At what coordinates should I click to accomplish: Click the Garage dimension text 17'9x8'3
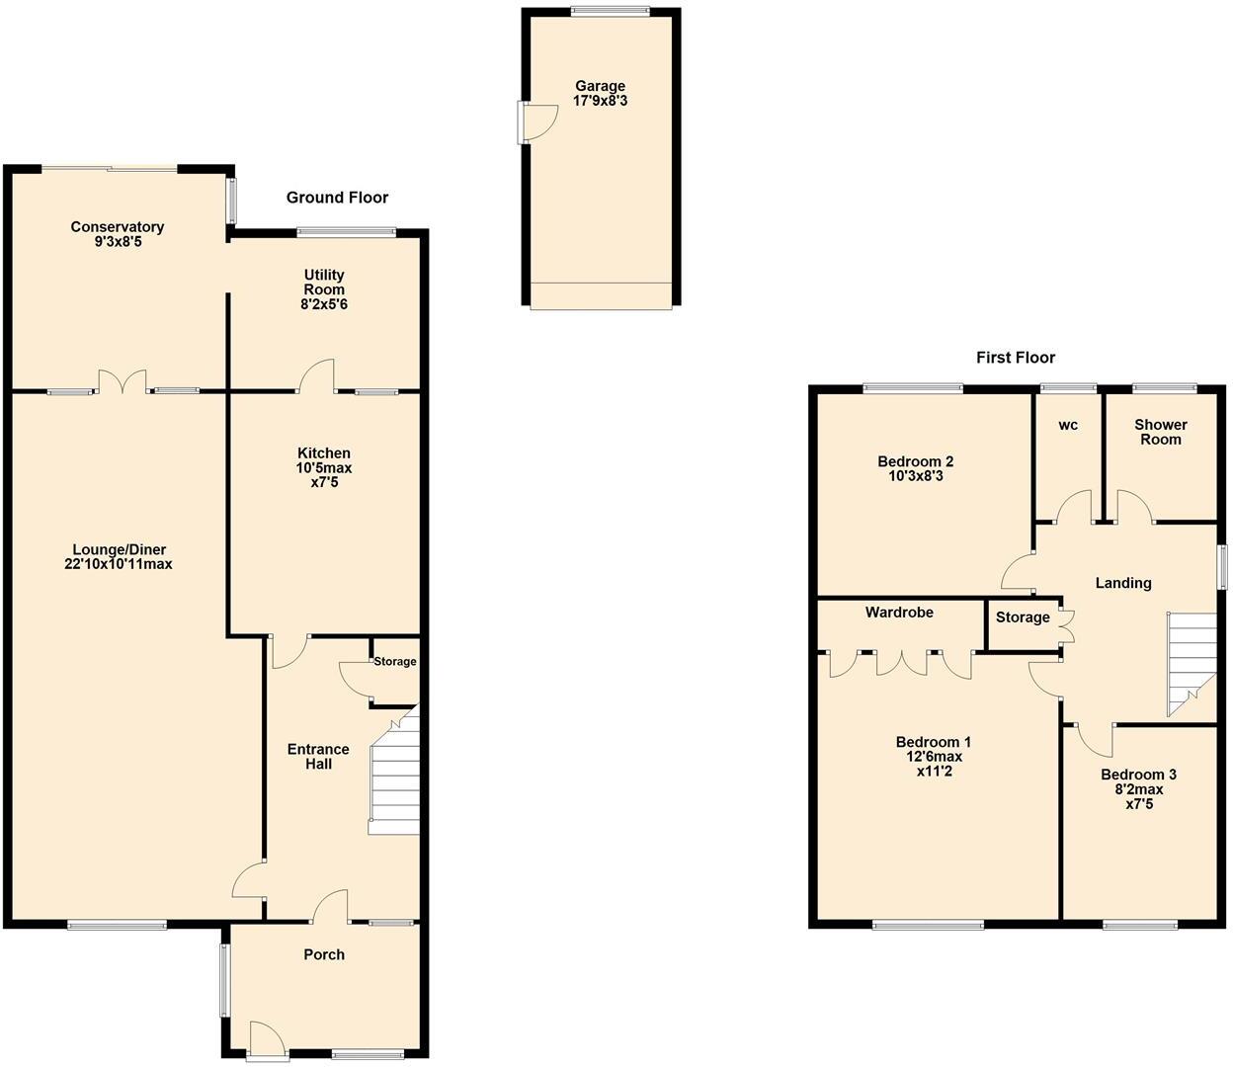601,101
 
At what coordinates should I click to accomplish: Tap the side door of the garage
534,123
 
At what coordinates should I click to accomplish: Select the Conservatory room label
117,227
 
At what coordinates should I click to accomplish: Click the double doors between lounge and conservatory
122,381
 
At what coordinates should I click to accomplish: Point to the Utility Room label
324,282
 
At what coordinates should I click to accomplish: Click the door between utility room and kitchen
318,376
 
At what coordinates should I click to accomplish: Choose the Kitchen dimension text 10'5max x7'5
324,475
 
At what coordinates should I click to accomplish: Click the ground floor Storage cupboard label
394,662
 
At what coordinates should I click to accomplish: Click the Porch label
324,954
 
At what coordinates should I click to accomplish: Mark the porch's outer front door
265,1039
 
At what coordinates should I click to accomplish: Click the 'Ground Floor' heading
337,198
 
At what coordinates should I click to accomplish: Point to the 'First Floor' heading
1015,358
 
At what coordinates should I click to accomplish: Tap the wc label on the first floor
1068,425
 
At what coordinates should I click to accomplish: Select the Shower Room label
1160,432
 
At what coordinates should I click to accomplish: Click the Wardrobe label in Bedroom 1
899,613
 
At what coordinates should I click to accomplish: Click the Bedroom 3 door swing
1093,737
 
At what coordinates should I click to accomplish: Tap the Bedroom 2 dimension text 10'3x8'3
915,476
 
